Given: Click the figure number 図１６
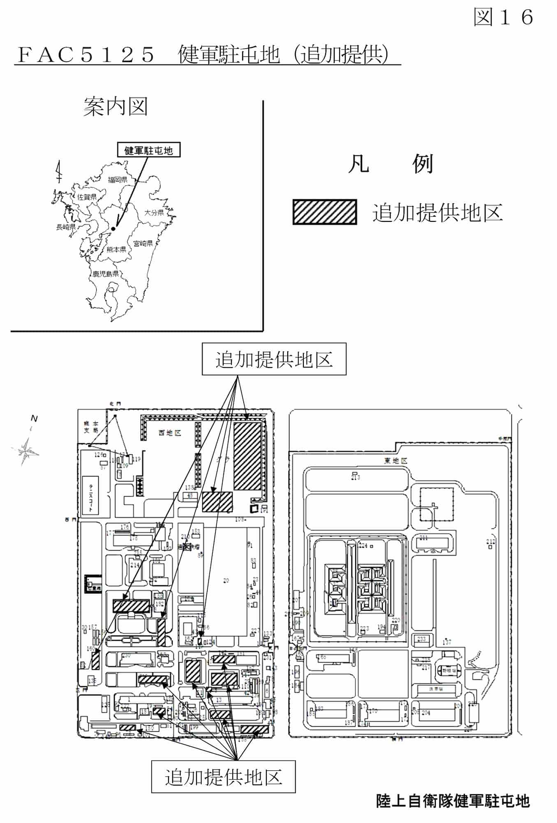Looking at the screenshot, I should pyautogui.click(x=504, y=17).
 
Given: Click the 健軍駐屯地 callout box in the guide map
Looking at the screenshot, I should pyautogui.click(x=148, y=150).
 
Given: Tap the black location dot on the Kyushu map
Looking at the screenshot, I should pyautogui.click(x=113, y=228).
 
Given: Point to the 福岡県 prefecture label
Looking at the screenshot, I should pyautogui.click(x=118, y=179).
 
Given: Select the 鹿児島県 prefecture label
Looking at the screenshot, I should pyautogui.click(x=106, y=274).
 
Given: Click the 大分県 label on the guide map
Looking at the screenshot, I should pyautogui.click(x=154, y=212).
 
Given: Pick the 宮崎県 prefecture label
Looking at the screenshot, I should pyautogui.click(x=143, y=243).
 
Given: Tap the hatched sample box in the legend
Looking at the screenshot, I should pyautogui.click(x=324, y=212).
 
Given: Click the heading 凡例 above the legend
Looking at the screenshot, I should pyautogui.click(x=390, y=164).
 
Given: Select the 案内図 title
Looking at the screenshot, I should pyautogui.click(x=115, y=107).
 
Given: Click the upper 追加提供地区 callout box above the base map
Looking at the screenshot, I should pyautogui.click(x=274, y=359).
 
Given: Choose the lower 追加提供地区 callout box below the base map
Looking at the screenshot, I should pyautogui.click(x=223, y=777).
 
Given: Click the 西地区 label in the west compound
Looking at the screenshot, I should pyautogui.click(x=170, y=433).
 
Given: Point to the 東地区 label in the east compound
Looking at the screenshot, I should pyautogui.click(x=396, y=460).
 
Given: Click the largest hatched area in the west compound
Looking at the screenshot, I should pyautogui.click(x=247, y=456).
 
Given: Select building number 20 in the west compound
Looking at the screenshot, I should pyautogui.click(x=226, y=581).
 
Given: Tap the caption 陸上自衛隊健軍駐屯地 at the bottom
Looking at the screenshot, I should pyautogui.click(x=453, y=801).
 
